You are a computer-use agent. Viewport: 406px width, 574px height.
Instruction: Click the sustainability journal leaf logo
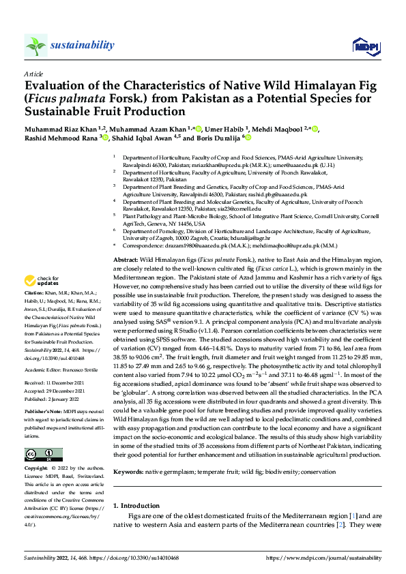(35, 46)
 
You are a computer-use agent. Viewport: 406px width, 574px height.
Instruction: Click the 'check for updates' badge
(42, 299)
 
